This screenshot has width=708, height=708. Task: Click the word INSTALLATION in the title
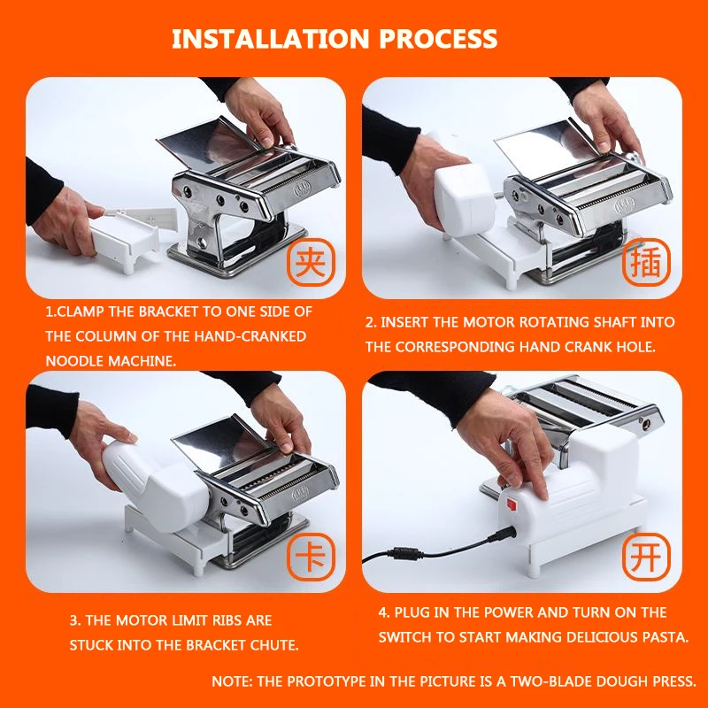pyautogui.click(x=271, y=38)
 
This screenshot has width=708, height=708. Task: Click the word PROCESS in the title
pyautogui.click(x=438, y=38)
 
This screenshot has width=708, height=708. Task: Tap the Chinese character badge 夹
pyautogui.click(x=311, y=262)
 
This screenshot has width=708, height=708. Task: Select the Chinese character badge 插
pyautogui.click(x=646, y=262)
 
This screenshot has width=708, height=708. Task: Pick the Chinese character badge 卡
pyautogui.click(x=311, y=557)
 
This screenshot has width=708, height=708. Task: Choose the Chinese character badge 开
pyautogui.click(x=646, y=557)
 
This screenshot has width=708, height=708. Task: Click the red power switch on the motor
pyautogui.click(x=512, y=504)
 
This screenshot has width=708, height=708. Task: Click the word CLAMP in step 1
pyautogui.click(x=81, y=312)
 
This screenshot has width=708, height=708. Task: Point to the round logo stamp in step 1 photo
pyautogui.click(x=302, y=189)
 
